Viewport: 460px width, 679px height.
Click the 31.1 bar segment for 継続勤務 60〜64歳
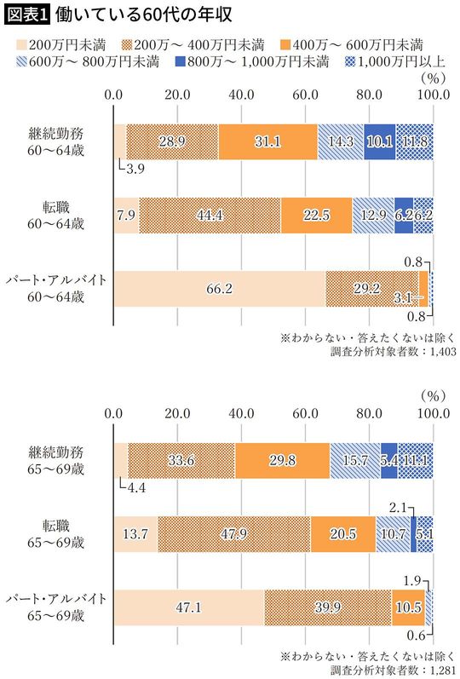click(x=267, y=141)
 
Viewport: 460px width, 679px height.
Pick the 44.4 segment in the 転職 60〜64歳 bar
click(x=210, y=215)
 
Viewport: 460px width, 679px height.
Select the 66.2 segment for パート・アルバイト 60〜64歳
click(x=219, y=289)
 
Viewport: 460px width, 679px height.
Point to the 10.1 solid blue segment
click(x=379, y=141)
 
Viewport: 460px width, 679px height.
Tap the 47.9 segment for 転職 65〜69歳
click(x=233, y=534)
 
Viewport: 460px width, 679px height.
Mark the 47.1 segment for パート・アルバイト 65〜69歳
click(x=188, y=608)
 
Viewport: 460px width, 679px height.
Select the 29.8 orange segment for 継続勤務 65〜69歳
click(x=282, y=461)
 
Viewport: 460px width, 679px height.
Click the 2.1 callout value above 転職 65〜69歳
click(x=398, y=508)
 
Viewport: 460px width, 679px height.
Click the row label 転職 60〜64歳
click(x=55, y=215)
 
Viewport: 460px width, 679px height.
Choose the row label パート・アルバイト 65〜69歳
click(x=55, y=607)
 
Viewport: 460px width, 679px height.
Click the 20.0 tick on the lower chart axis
click(x=177, y=415)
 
